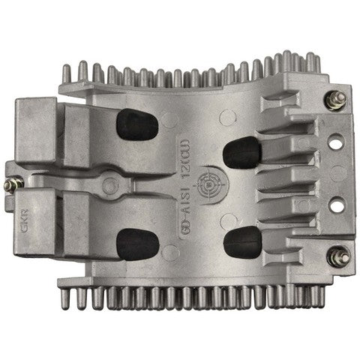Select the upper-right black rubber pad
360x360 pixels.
click(242, 152)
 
